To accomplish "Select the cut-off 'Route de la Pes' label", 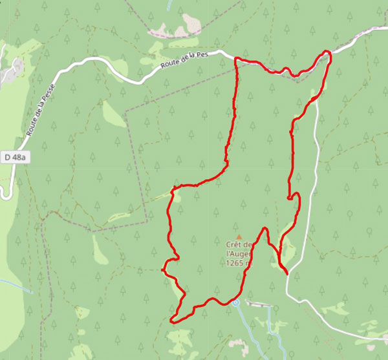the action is (x=187, y=62).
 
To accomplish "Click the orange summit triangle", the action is (x=238, y=237).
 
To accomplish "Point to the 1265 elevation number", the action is (x=236, y=263).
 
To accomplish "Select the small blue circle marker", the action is (x=235, y=302).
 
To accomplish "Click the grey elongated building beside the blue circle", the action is (x=259, y=304).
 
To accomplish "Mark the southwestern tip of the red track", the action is (x=171, y=320).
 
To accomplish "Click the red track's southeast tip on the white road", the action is (x=286, y=273).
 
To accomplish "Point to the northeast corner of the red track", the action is (x=328, y=52).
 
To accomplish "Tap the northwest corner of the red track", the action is (x=236, y=59).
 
